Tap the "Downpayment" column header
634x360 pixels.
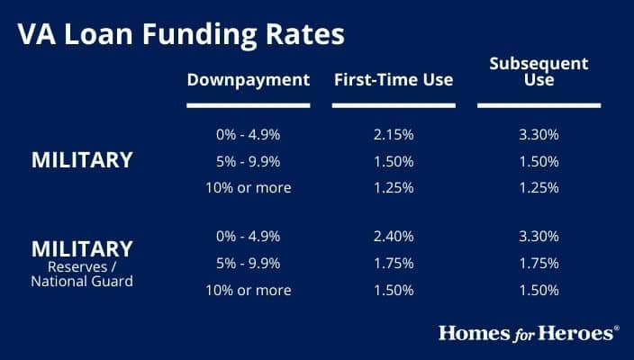click(x=249, y=80)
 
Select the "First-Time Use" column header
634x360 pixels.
click(x=393, y=80)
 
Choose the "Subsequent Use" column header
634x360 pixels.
click(x=539, y=72)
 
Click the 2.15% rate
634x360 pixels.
click(x=393, y=135)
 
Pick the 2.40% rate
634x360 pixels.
click(x=393, y=237)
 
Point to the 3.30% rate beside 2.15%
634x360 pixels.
click(x=539, y=135)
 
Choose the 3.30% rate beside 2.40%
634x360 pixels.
click(x=539, y=237)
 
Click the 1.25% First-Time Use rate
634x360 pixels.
click(x=393, y=188)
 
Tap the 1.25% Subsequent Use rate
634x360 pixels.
click(x=539, y=188)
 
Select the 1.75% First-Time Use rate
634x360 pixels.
click(x=393, y=264)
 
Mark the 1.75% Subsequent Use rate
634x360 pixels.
click(x=539, y=264)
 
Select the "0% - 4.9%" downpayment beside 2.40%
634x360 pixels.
click(x=249, y=237)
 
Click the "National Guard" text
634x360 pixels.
click(x=82, y=280)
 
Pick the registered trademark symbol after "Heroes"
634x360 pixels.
click(x=617, y=328)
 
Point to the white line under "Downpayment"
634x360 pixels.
click(x=249, y=105)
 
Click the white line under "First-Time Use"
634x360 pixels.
click(x=393, y=105)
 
